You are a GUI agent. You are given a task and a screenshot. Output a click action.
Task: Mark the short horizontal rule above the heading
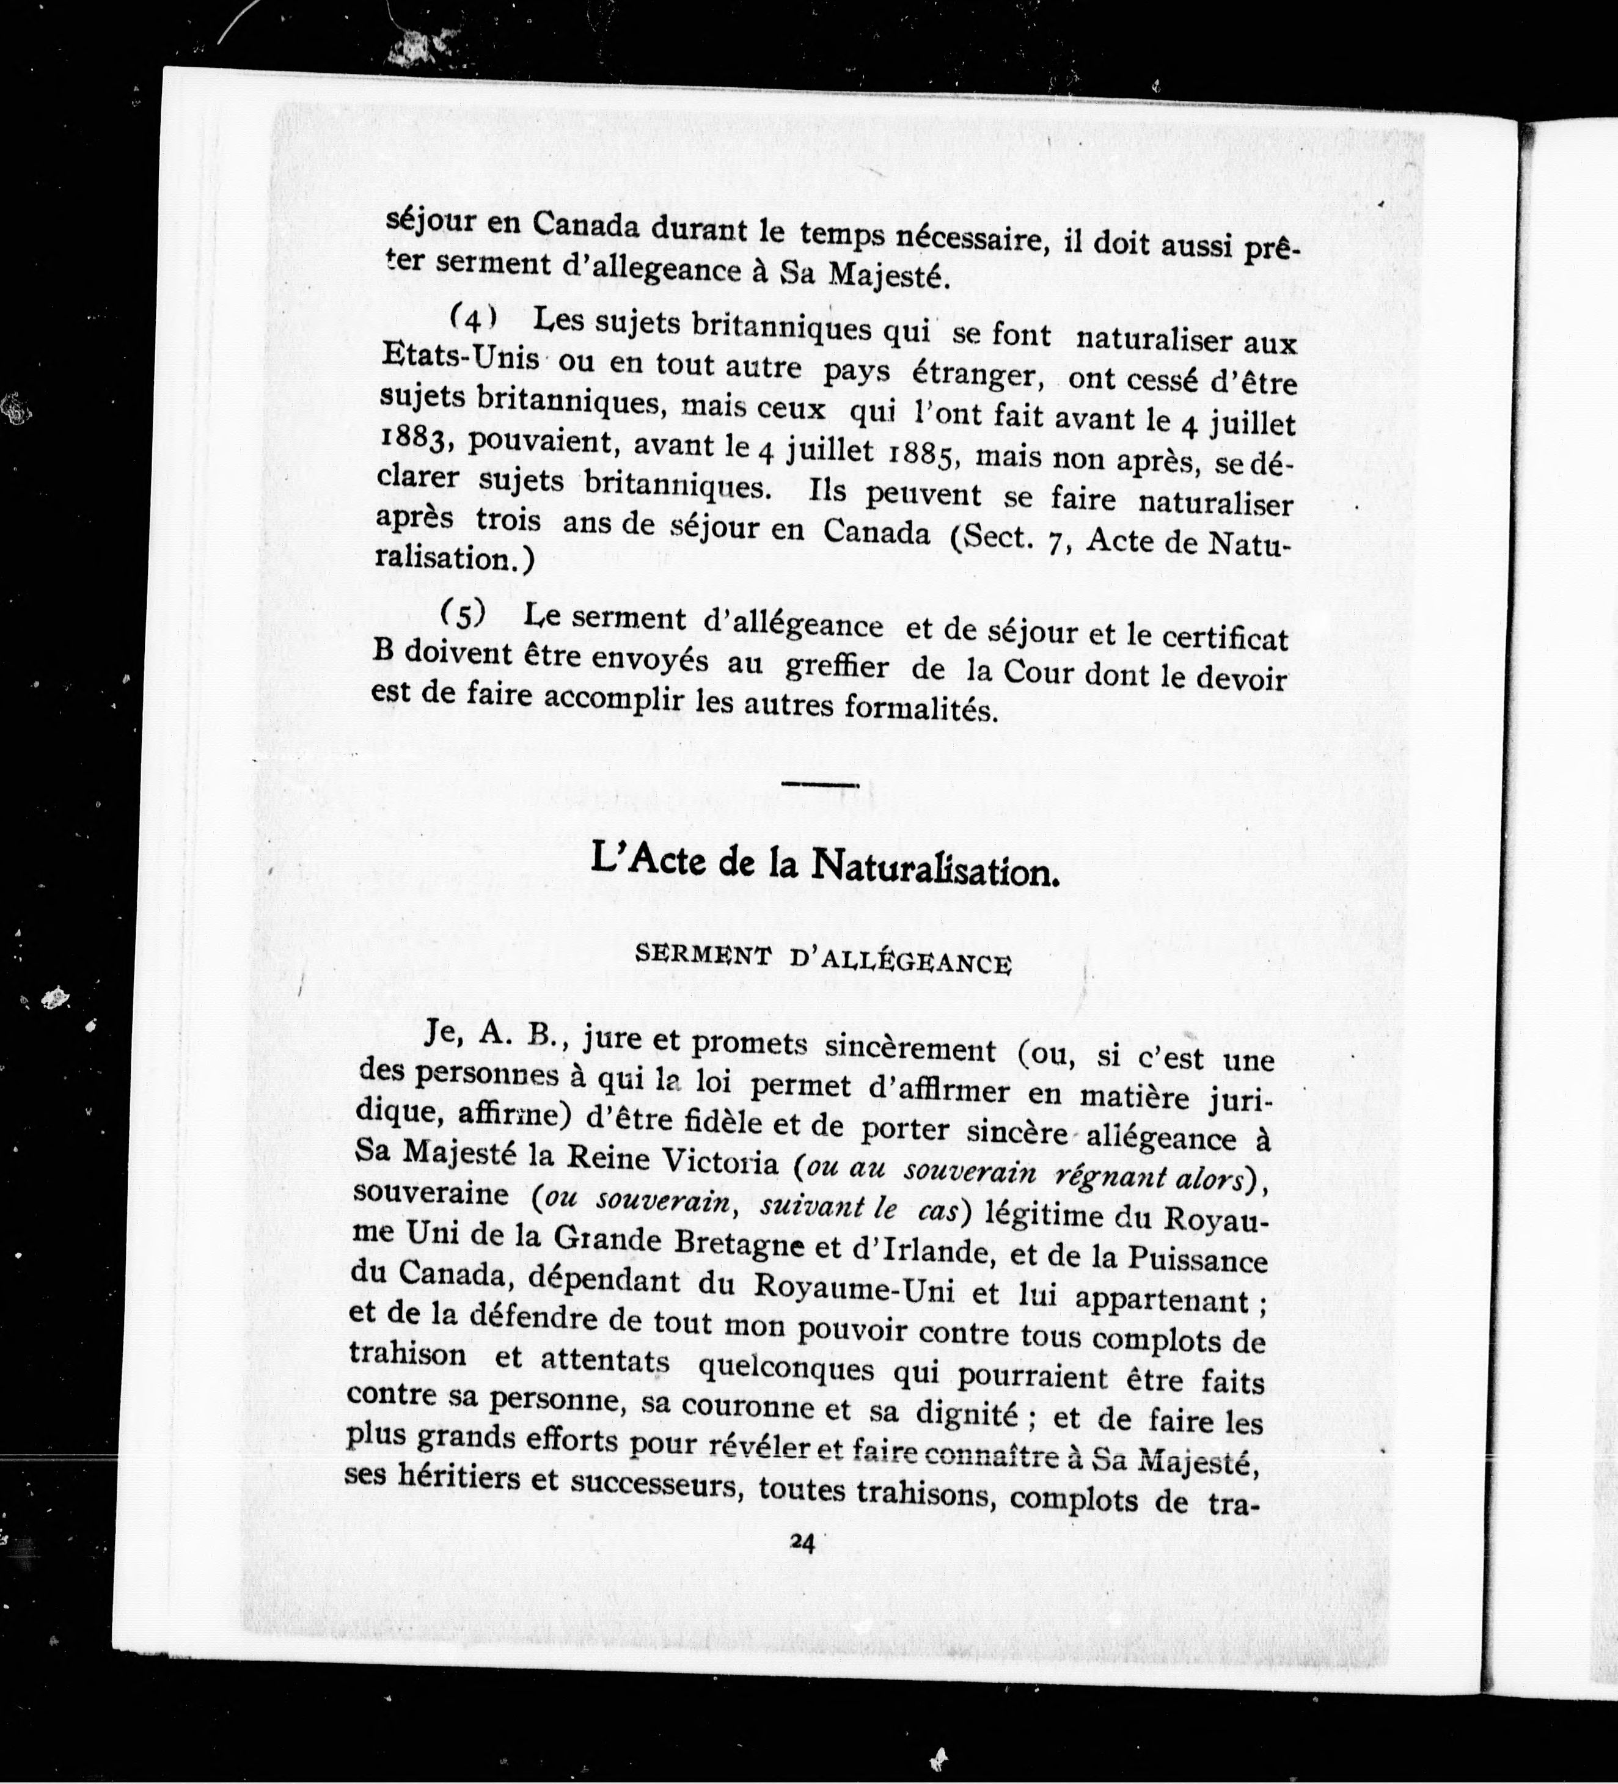(819, 784)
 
